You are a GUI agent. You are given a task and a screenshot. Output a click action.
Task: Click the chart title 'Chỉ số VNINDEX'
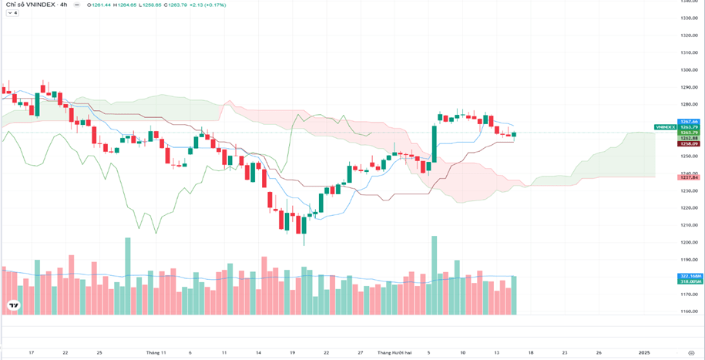30,5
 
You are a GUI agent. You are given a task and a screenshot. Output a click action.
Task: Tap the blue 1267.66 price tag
689,122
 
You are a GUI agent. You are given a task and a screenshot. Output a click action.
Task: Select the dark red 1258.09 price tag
689,143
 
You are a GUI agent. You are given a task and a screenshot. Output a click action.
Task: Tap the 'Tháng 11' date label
156,352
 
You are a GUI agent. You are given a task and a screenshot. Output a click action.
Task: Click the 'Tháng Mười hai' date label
394,352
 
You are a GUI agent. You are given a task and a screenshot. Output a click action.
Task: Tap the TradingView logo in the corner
12,306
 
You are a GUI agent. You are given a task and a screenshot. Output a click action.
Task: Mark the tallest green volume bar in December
435,274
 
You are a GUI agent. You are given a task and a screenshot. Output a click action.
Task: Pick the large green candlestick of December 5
435,143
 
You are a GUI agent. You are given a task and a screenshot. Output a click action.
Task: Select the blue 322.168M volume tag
690,276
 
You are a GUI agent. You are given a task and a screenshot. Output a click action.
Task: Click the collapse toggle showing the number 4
12,13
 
